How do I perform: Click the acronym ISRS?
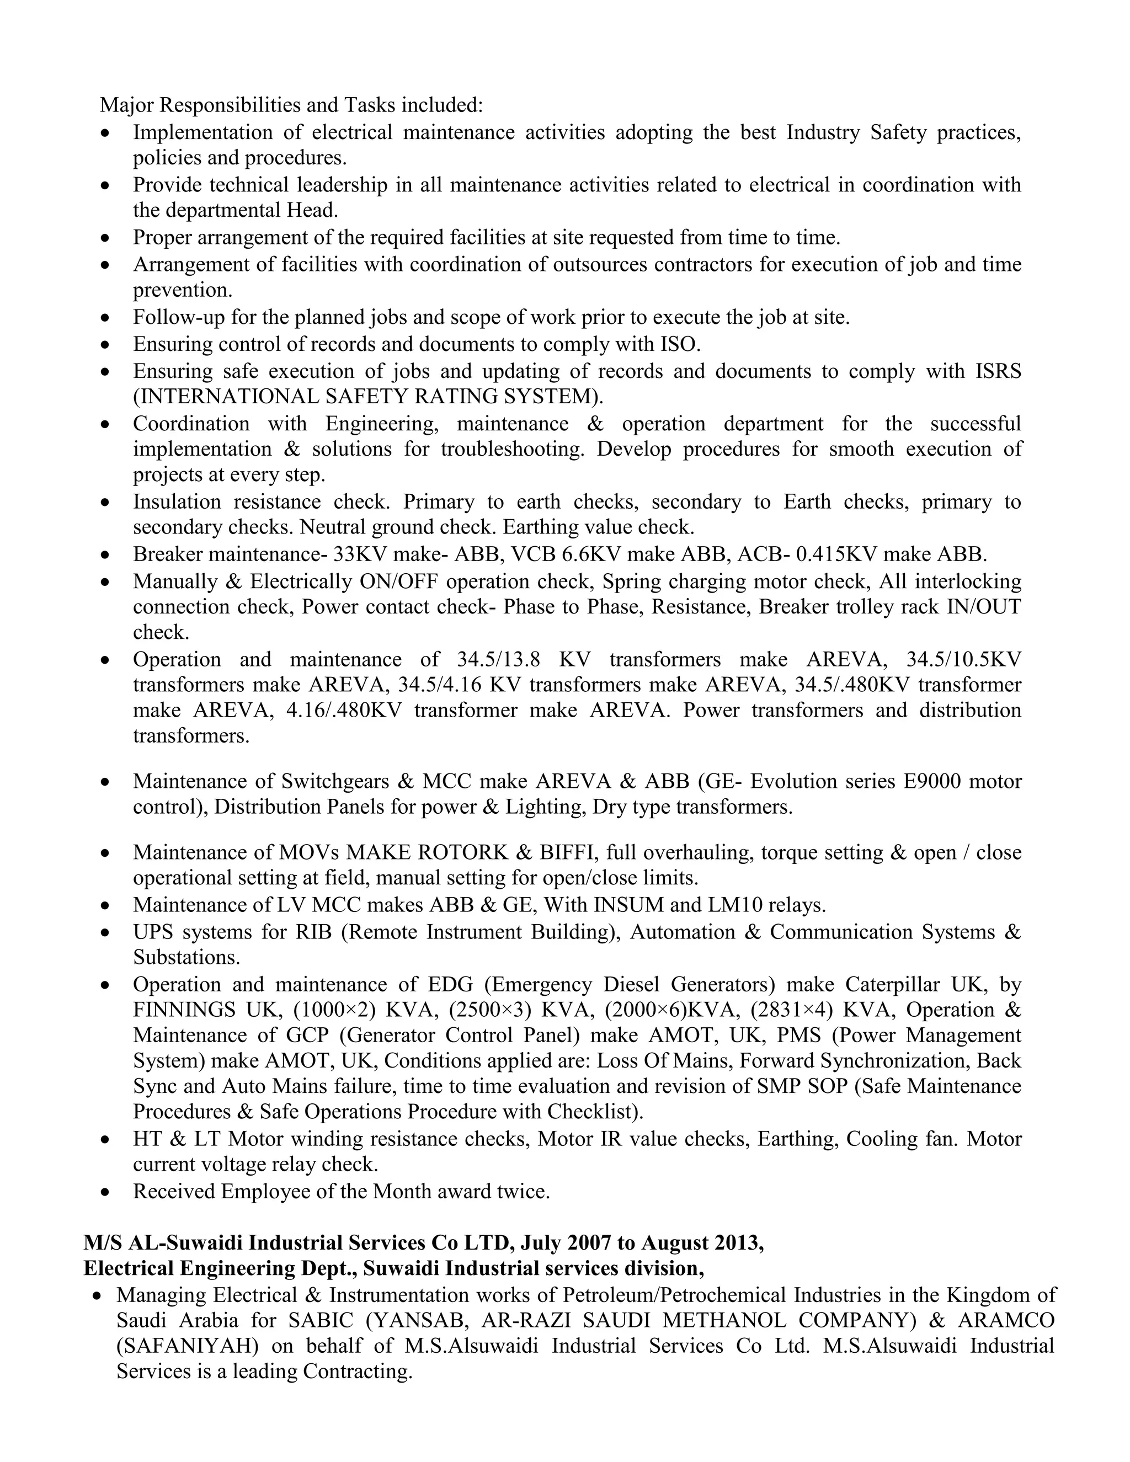pos(998,371)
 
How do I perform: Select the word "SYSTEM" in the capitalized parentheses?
pos(553,397)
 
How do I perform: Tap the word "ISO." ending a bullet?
pos(681,344)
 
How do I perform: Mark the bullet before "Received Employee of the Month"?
pos(105,1193)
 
